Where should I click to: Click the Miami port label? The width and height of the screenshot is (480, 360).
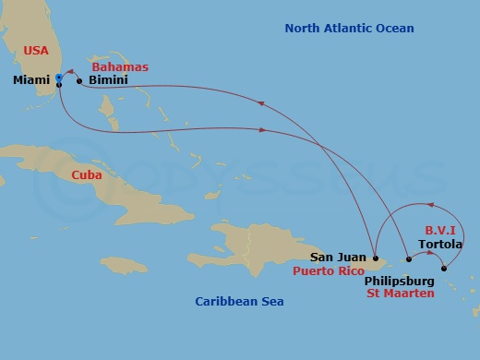click(x=31, y=81)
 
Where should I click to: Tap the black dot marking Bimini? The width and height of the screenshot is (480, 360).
click(x=79, y=81)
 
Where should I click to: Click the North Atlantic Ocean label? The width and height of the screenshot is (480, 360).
click(x=349, y=29)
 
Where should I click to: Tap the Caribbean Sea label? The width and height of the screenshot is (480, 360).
click(x=240, y=302)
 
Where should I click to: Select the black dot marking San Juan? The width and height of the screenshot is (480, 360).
click(x=376, y=258)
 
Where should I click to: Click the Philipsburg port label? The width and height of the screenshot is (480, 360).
click(x=399, y=277)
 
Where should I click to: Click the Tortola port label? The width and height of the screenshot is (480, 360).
click(x=439, y=246)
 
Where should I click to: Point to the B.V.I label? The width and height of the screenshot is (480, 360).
click(x=440, y=228)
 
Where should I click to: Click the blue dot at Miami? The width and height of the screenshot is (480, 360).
click(x=58, y=77)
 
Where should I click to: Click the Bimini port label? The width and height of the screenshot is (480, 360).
click(x=108, y=81)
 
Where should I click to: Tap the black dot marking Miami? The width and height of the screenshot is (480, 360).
click(x=58, y=85)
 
